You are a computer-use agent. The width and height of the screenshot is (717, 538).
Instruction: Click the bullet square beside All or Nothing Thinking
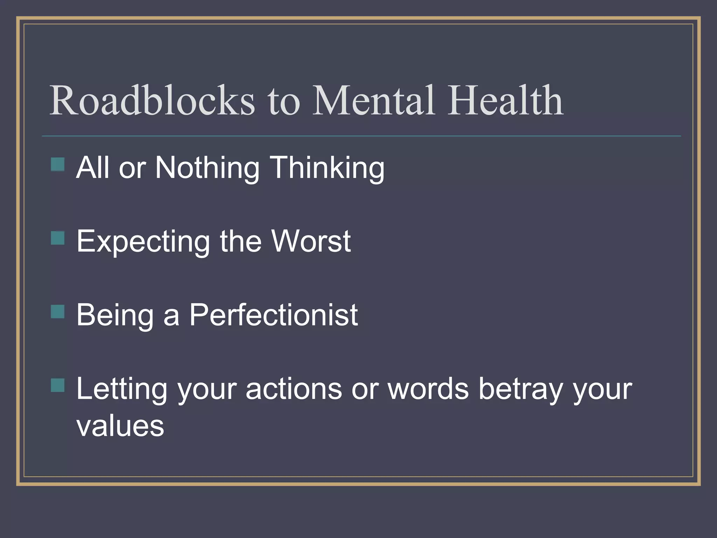[x=58, y=164]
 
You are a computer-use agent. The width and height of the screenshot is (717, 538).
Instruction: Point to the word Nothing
[x=207, y=168]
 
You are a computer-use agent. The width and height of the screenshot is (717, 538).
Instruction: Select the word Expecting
[x=143, y=242]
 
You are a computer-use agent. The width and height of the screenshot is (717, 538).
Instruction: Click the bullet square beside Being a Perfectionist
[x=58, y=311]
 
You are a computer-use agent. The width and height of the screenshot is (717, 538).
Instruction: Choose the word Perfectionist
[x=273, y=315]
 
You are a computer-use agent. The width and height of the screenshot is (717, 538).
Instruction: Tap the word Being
[x=115, y=315]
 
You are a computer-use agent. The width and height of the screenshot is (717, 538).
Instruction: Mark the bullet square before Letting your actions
[x=58, y=385]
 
